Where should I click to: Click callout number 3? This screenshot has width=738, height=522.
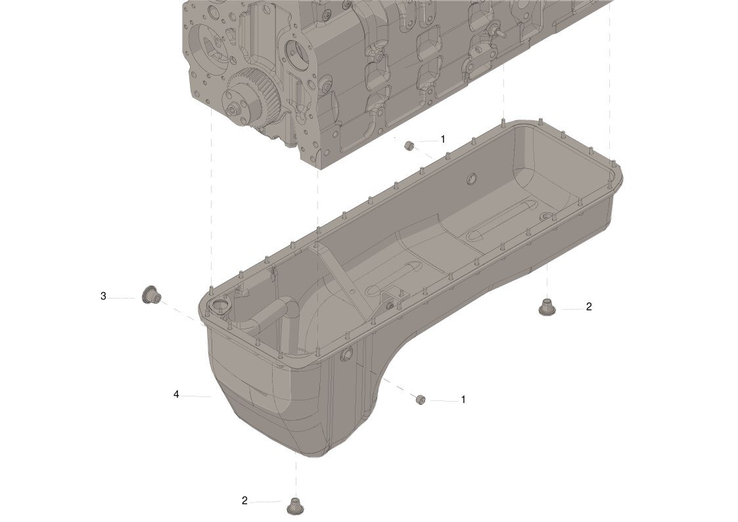pyautogui.click(x=103, y=297)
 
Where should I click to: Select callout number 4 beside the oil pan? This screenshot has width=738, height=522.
pyautogui.click(x=177, y=394)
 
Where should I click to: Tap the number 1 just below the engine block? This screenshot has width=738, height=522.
pyautogui.click(x=442, y=139)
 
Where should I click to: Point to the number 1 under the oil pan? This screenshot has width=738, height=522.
pyautogui.click(x=463, y=400)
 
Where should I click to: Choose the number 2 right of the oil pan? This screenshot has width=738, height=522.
pyautogui.click(x=589, y=307)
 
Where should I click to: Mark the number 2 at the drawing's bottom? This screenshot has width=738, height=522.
pyautogui.click(x=244, y=501)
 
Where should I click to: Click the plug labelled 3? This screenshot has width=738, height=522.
pyautogui.click(x=151, y=295)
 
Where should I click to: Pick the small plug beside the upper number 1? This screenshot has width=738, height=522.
pyautogui.click(x=409, y=145)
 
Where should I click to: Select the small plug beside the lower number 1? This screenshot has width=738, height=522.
pyautogui.click(x=421, y=400)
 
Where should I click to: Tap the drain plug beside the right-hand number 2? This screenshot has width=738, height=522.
pyautogui.click(x=547, y=306)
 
